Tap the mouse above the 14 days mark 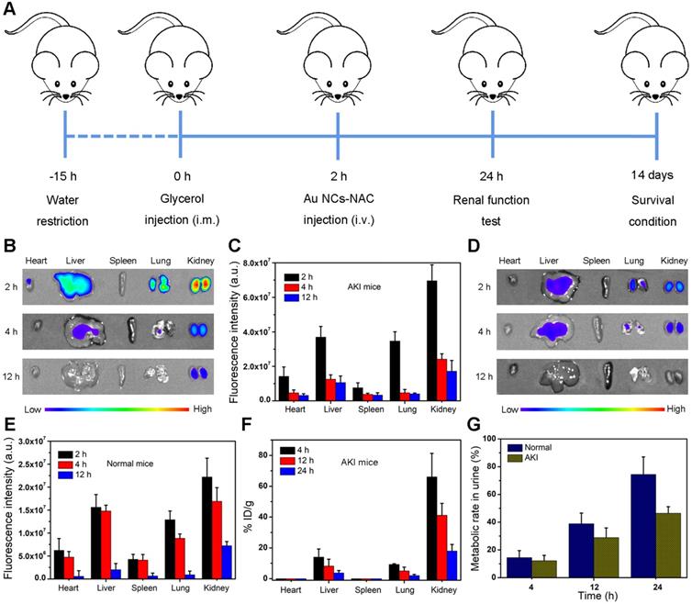click(x=656, y=66)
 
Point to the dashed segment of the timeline click(x=123, y=137)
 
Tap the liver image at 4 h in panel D click(x=555, y=327)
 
